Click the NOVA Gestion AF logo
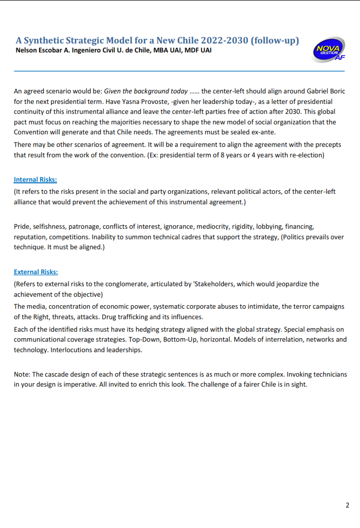pyautogui.click(x=328, y=49)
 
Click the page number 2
pyautogui.click(x=347, y=505)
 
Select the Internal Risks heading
pyautogui.click(x=35, y=179)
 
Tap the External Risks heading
pyautogui.click(x=35, y=272)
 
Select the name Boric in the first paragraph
pyautogui.click(x=335, y=91)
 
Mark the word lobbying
pyautogui.click(x=269, y=227)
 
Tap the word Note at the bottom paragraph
pyautogui.click(x=21, y=374)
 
